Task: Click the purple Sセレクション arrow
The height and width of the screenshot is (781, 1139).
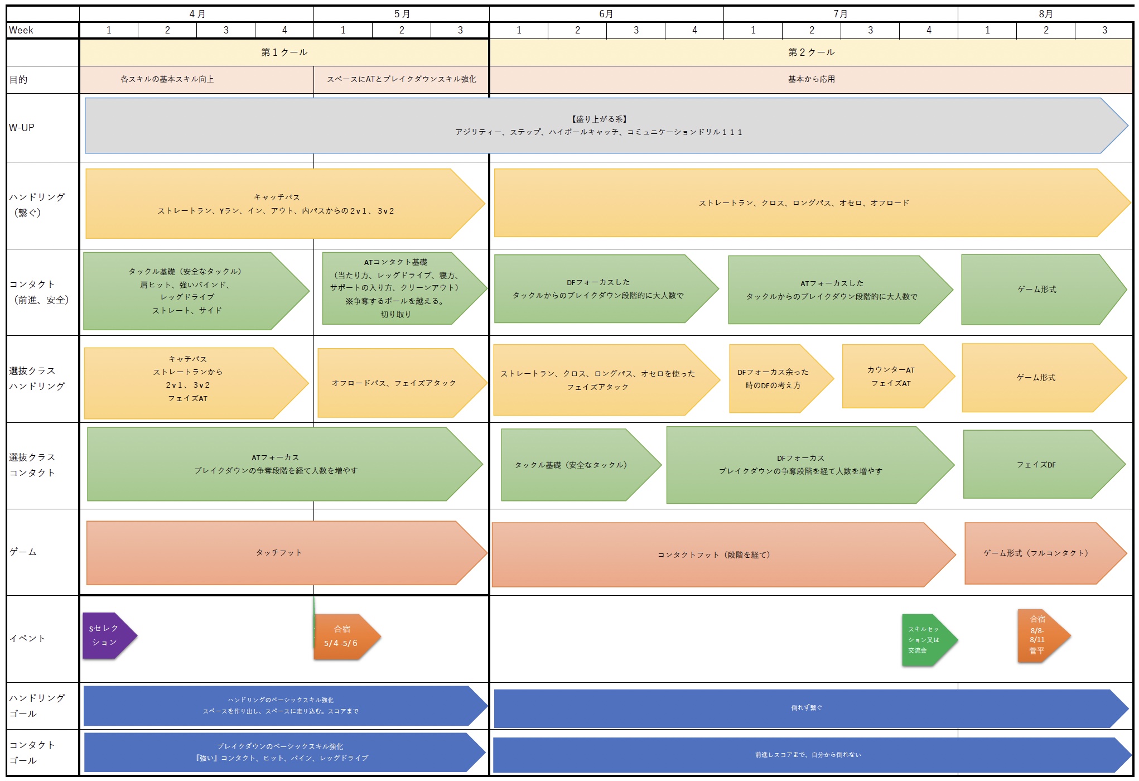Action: tap(109, 635)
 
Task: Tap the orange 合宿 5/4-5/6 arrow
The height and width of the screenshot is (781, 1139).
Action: tap(346, 637)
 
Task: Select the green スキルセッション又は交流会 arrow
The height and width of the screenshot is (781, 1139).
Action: tap(929, 640)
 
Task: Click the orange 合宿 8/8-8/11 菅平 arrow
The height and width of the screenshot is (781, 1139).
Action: tap(1043, 635)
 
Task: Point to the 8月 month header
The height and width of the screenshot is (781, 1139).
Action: tap(1046, 14)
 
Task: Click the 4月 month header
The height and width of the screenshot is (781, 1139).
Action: tap(197, 14)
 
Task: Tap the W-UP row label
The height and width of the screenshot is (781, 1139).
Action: tap(22, 128)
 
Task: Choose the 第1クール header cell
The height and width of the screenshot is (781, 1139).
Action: tap(284, 52)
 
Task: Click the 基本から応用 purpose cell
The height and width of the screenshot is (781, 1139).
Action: tap(812, 80)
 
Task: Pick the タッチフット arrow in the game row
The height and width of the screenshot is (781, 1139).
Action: tap(287, 553)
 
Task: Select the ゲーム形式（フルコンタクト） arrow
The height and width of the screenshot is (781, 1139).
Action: tap(1045, 553)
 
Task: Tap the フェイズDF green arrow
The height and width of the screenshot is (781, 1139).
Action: tap(1044, 464)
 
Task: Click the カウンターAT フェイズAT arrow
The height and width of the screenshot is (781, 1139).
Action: tap(897, 376)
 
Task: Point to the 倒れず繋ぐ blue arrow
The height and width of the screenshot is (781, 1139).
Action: tap(811, 708)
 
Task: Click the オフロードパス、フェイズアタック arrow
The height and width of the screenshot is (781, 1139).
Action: tap(402, 383)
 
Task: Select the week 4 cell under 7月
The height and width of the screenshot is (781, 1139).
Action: tap(929, 30)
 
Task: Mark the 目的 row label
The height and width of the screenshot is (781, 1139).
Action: tap(18, 80)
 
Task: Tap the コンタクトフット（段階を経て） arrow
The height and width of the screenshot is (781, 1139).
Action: tap(723, 555)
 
